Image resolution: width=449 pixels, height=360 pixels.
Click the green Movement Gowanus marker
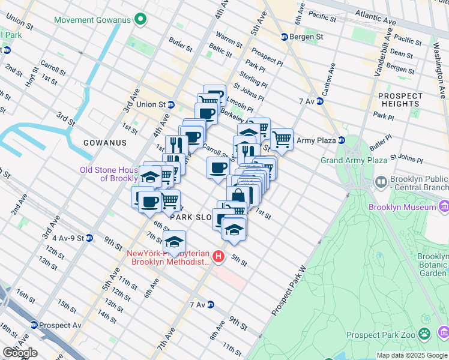tap(141, 20)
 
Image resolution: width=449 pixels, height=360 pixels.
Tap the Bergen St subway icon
tap(285, 37)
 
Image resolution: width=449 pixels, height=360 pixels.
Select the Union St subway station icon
tap(170, 104)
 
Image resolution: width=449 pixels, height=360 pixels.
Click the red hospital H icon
tap(218, 257)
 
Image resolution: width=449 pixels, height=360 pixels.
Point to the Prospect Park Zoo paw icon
tap(425, 332)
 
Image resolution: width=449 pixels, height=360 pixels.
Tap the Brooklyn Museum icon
tap(444, 207)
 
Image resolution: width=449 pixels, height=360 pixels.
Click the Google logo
tap(19, 353)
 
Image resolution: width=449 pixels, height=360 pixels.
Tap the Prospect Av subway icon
tap(34, 325)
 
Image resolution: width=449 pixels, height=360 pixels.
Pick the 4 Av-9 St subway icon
tap(89, 238)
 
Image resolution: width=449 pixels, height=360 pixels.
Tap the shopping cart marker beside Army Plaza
tap(282, 139)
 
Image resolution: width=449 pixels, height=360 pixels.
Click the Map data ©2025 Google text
tap(411, 355)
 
